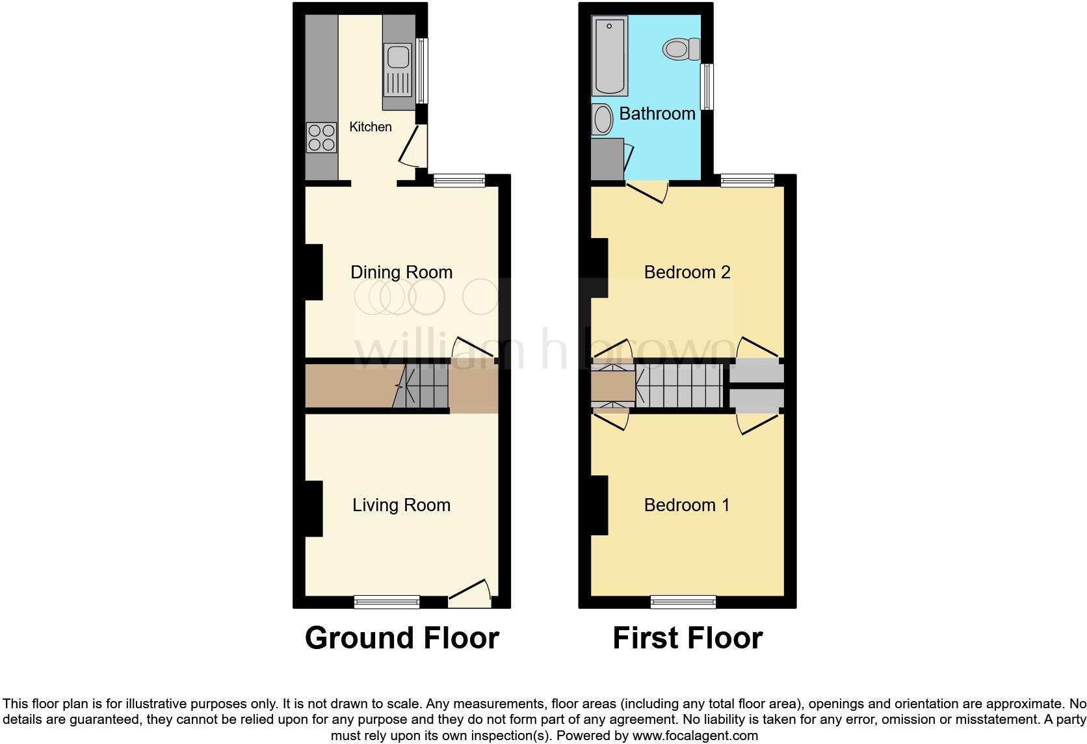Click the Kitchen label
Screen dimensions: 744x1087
click(x=371, y=127)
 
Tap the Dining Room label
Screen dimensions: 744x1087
click(x=401, y=272)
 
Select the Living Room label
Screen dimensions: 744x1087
click(x=401, y=505)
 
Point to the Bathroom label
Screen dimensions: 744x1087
click(x=657, y=114)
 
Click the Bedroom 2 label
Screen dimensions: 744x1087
click(x=687, y=272)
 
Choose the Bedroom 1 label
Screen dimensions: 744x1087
click(x=687, y=505)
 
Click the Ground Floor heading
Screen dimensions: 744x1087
click(x=402, y=638)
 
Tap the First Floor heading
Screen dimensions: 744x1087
click(x=687, y=638)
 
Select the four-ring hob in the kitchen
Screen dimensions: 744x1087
click(x=321, y=138)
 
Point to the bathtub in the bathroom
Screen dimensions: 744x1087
click(x=610, y=57)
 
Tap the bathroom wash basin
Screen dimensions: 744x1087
click(x=603, y=120)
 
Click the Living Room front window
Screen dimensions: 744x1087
click(x=387, y=602)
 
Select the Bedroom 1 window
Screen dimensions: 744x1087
click(x=683, y=602)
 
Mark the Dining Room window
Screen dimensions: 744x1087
click(x=460, y=181)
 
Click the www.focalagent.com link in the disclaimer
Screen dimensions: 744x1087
click(x=695, y=736)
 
